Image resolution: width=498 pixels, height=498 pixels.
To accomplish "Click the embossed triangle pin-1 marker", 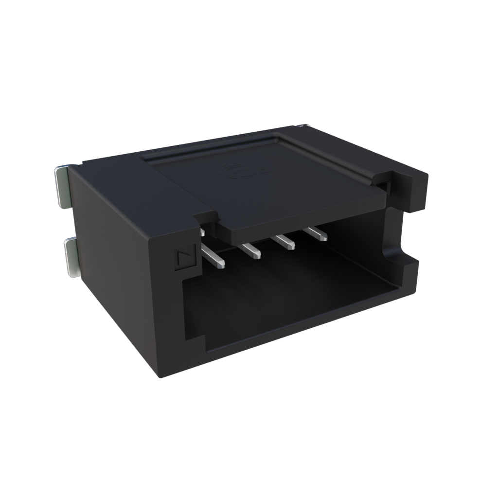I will tap(184, 258).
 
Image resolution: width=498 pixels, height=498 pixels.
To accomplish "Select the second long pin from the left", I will tap(250, 250).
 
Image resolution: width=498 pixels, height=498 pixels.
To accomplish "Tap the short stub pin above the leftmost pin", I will tap(202, 232).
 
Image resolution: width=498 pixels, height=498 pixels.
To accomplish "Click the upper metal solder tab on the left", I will tap(61, 187).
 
